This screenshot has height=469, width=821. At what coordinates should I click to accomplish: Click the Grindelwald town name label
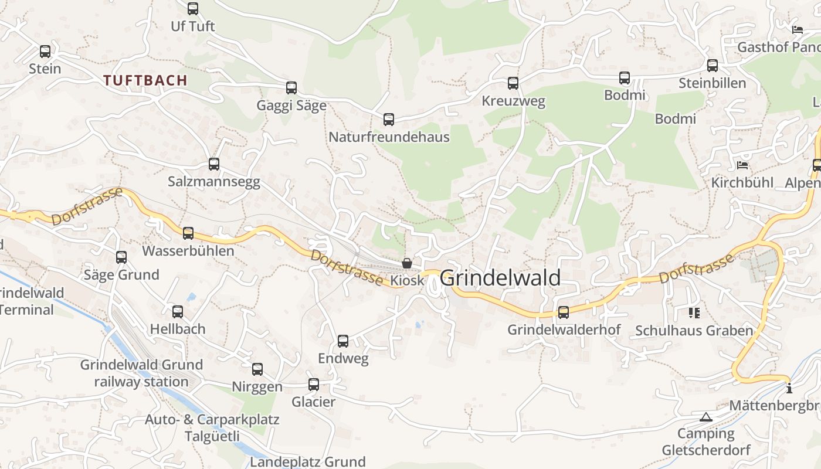coord(500,278)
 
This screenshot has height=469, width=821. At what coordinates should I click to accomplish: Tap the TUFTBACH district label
coord(145,80)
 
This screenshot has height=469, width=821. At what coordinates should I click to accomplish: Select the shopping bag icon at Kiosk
coord(406,263)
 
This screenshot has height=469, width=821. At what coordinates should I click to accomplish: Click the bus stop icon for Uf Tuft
coord(193,9)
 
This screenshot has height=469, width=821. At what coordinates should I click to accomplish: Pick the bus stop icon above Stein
coord(45,52)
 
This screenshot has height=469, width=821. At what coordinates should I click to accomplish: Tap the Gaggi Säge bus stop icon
coord(291,88)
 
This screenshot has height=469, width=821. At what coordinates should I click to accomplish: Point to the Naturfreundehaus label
coord(389,137)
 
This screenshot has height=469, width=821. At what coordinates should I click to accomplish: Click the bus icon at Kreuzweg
coord(513,83)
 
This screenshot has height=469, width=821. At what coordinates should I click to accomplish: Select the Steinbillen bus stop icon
coord(713,66)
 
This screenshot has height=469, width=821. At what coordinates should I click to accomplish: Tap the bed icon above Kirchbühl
coord(742,165)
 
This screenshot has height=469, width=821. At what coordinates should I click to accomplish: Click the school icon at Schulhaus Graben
coord(694,313)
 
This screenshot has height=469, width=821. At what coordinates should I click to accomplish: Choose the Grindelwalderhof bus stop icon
coord(564,312)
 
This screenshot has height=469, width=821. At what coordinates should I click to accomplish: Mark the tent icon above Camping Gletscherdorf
coord(706,417)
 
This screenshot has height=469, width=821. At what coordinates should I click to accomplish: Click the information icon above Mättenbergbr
coord(789,388)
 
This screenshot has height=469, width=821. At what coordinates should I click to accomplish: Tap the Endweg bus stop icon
coord(343,341)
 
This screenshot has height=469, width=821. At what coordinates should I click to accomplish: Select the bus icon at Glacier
coord(314,385)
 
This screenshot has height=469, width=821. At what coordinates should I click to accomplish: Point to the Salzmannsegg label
coord(214,182)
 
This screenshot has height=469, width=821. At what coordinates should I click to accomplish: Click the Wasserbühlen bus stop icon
coord(188,233)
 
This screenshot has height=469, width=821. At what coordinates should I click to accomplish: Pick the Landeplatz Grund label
coord(308,462)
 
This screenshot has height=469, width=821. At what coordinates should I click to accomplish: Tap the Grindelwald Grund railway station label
coord(141,373)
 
